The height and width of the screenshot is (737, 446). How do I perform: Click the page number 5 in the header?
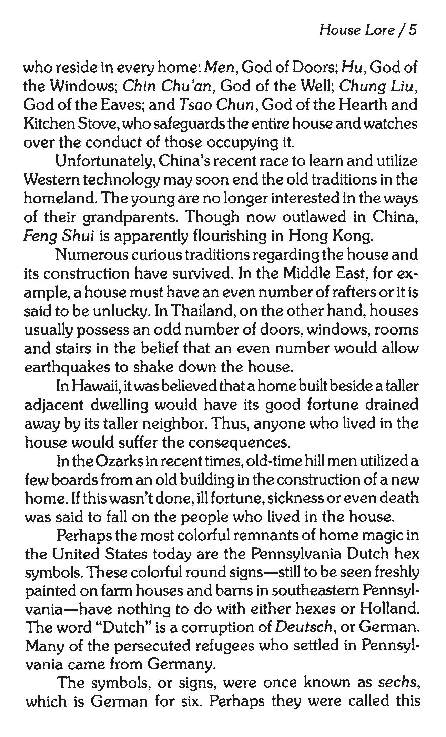point(413,30)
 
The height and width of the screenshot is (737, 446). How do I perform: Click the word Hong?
point(305,236)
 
